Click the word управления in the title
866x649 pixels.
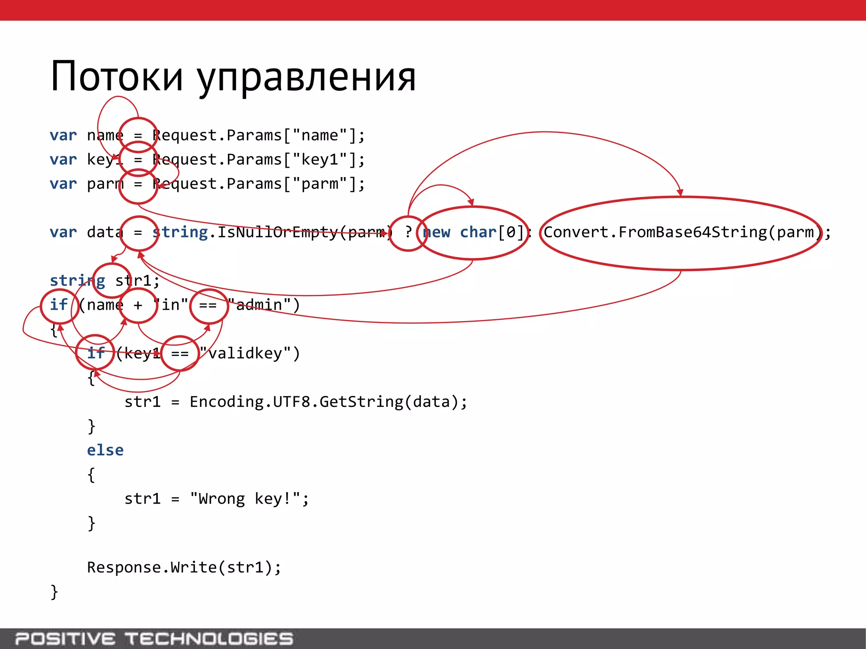click(307, 78)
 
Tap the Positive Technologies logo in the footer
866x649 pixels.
click(154, 638)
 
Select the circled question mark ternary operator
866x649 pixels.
click(408, 232)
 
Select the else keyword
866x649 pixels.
click(105, 450)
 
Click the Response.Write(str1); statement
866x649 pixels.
click(184, 567)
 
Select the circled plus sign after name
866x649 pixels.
click(138, 305)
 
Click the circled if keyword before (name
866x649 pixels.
click(59, 305)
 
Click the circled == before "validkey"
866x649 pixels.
click(180, 353)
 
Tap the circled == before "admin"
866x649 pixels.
click(208, 305)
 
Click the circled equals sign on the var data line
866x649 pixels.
click(138, 232)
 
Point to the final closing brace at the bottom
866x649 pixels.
click(54, 592)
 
